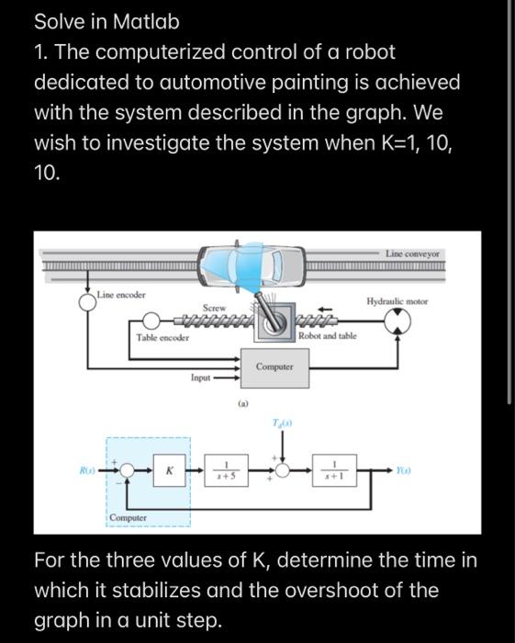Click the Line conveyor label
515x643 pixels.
coord(413,254)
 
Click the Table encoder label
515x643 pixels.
coord(164,337)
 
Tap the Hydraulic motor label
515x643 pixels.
coord(397,301)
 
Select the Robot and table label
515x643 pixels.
coord(328,337)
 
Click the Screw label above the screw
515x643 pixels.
coord(215,308)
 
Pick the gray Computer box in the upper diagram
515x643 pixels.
coord(274,367)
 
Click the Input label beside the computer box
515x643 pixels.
coord(202,378)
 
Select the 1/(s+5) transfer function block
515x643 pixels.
coord(225,470)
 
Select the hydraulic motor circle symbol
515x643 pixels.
coord(398,320)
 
